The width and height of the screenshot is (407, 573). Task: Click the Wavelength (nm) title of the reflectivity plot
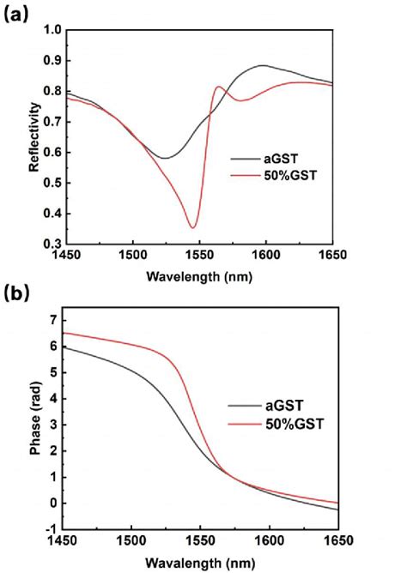pos(198,277)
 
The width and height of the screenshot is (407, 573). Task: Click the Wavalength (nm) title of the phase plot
pos(198,561)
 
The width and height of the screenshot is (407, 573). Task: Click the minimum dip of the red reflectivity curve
pos(193,227)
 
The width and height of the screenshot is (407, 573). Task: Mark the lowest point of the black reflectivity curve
pos(165,158)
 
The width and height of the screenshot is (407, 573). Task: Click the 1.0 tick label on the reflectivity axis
pos(52,30)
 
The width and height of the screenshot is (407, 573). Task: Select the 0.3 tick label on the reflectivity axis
pos(52,244)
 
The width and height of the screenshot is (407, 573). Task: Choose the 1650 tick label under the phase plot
pos(333,540)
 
